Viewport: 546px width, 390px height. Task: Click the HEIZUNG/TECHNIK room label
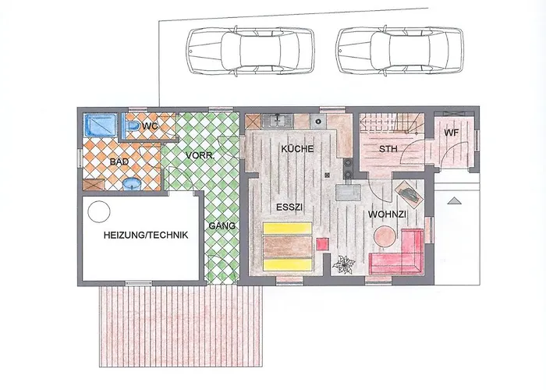(x=146, y=235)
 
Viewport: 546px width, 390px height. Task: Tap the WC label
(x=150, y=126)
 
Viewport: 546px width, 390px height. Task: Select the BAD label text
(x=119, y=161)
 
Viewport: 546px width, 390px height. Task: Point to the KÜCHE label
(x=297, y=149)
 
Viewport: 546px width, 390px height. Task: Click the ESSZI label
(x=289, y=207)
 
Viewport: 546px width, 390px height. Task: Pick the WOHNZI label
(x=387, y=214)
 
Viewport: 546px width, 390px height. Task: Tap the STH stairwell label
(x=388, y=149)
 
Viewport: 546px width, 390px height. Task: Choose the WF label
(x=452, y=133)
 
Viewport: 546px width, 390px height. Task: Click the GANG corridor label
(x=222, y=226)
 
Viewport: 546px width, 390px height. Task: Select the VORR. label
(x=200, y=156)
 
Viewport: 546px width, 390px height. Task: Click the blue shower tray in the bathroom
(x=101, y=125)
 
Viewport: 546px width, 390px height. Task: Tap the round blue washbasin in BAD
(x=132, y=184)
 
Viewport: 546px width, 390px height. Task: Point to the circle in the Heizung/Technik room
(x=99, y=211)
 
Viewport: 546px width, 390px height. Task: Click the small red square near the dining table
(x=322, y=243)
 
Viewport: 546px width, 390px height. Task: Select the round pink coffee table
(x=385, y=236)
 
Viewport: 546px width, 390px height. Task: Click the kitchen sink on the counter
(x=277, y=121)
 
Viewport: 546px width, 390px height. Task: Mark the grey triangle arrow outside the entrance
(x=454, y=200)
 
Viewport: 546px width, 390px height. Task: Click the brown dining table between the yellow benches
(x=287, y=246)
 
